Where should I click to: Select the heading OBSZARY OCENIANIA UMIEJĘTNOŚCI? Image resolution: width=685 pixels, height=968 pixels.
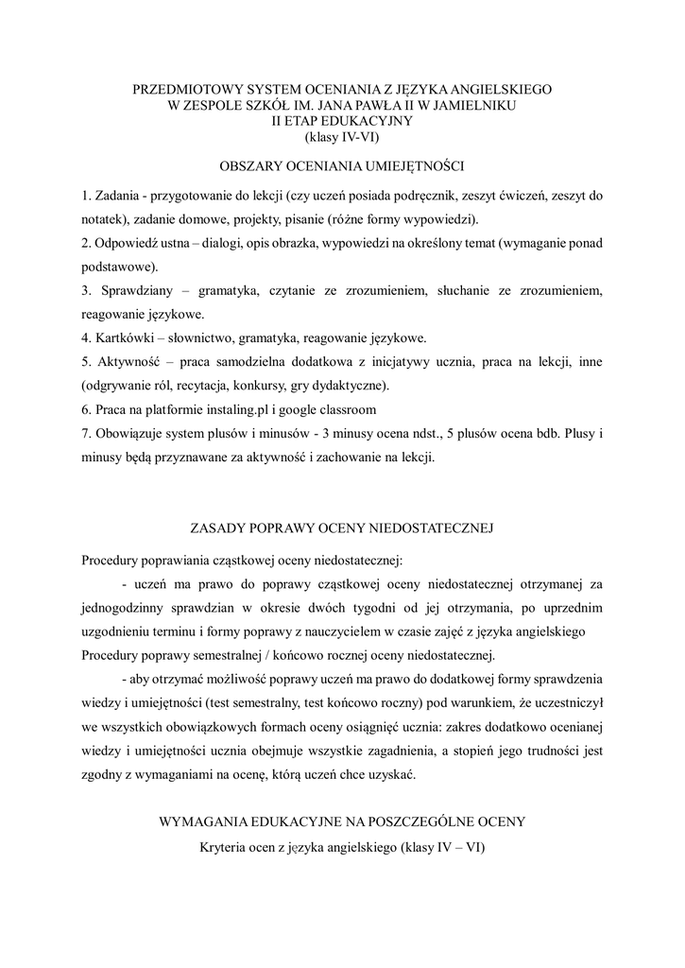[x=341, y=166]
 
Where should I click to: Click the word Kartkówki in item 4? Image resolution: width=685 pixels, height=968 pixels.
[x=125, y=337]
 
